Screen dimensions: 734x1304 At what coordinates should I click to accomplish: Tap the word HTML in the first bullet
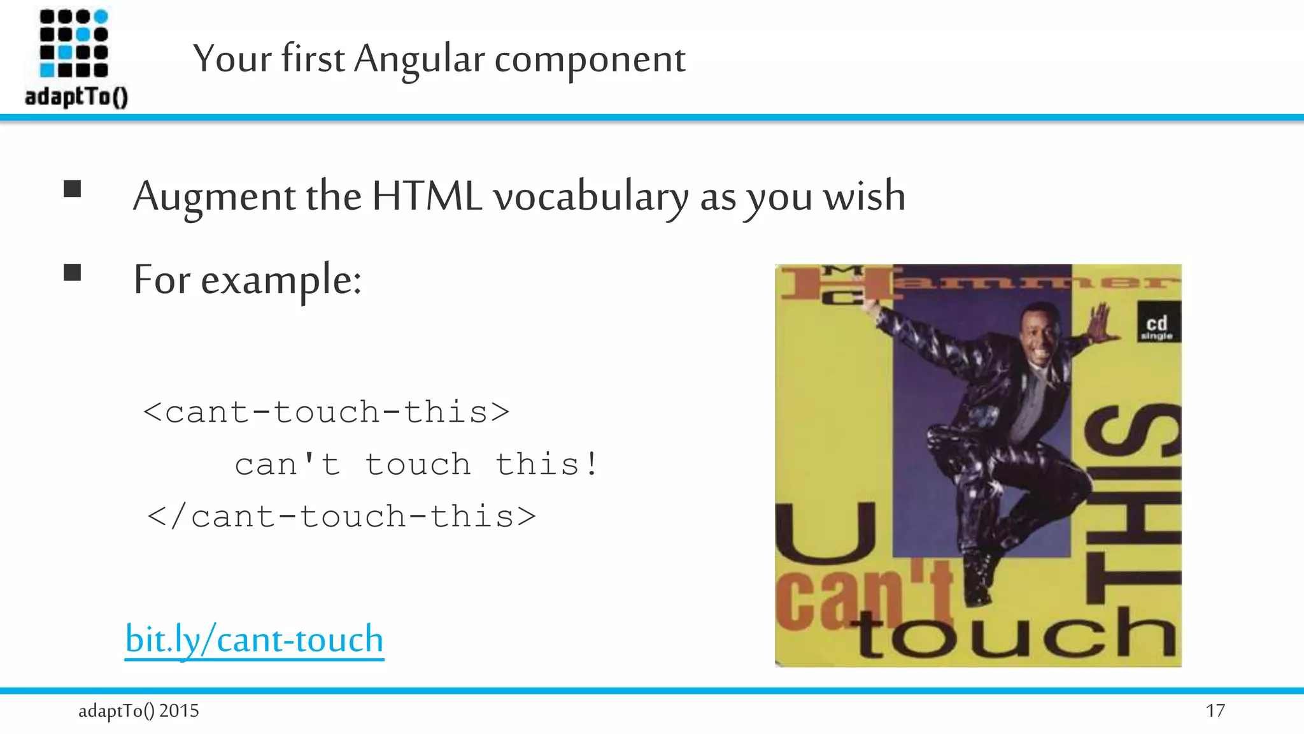click(427, 196)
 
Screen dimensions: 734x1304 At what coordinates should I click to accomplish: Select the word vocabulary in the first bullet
click(591, 198)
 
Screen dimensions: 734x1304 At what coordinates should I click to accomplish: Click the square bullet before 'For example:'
click(73, 273)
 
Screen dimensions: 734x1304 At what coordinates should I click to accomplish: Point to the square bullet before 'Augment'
click(73, 189)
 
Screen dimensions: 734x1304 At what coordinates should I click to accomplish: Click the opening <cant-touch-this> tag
click(327, 412)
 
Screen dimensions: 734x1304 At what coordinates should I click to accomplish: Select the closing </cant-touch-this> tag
click(342, 517)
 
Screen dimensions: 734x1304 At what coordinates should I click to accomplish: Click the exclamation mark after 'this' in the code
click(592, 464)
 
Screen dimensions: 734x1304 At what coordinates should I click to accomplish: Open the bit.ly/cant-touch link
click(255, 639)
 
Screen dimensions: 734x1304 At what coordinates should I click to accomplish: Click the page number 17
click(1215, 710)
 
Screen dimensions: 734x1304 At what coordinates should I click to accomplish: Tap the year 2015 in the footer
click(179, 710)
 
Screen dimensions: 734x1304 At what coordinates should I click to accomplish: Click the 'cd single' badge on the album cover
click(1157, 326)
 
